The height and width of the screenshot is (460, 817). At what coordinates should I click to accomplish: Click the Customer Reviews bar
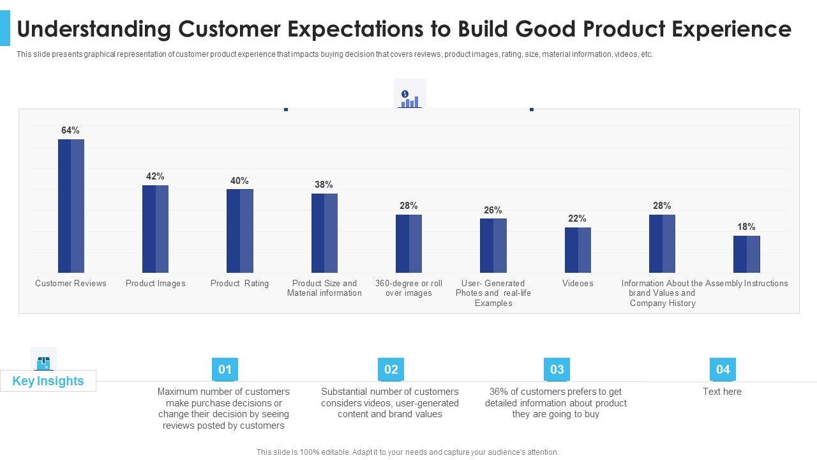point(71,206)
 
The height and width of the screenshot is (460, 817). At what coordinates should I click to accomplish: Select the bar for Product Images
point(155,229)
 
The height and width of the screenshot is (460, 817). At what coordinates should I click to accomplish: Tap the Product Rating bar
point(239,231)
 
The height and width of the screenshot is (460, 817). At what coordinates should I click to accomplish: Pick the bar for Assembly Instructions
point(746,254)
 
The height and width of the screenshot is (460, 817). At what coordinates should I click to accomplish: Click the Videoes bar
point(578,250)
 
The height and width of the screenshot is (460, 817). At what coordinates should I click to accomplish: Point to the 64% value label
point(70,130)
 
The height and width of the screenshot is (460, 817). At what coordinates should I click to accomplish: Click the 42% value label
point(155,176)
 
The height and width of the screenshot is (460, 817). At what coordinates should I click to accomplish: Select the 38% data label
point(324,185)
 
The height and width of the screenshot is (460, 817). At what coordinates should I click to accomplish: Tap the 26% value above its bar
point(493,210)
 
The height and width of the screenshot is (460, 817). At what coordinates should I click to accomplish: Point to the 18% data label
point(746,227)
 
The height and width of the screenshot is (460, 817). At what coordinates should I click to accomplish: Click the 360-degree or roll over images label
point(408,288)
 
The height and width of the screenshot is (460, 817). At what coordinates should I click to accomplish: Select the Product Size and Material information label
point(324,288)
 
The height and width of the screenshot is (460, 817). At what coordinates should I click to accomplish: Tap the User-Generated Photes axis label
point(493,293)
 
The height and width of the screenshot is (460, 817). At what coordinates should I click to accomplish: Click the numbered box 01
point(225,369)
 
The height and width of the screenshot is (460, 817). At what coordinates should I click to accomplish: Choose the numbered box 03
point(557,369)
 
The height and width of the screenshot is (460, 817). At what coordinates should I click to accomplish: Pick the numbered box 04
point(723,369)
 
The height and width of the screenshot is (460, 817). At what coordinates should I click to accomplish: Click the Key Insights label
point(48,381)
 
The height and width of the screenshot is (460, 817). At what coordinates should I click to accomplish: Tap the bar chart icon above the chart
point(409,98)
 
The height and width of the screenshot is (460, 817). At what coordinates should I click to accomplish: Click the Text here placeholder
point(722,392)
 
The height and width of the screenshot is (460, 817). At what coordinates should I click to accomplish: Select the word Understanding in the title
point(94,29)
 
